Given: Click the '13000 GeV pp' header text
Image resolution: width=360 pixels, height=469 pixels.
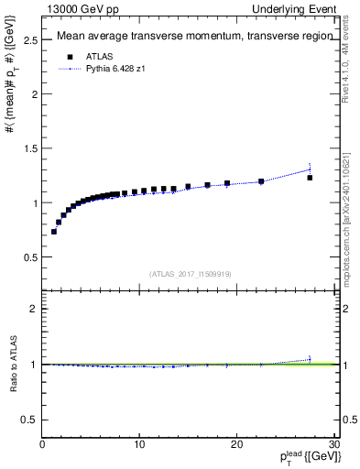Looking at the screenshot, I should pos(81,8).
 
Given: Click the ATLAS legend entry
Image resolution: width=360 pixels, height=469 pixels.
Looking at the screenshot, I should pos(100,55).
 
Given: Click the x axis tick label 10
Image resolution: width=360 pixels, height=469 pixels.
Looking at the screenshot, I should pos(139,444).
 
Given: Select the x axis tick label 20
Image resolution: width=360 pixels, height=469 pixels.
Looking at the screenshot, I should pos(236,444).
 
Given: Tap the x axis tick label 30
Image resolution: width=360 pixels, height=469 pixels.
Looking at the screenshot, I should pos(333,444).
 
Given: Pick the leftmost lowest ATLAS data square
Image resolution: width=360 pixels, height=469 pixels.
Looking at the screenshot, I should pos(54,232).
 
